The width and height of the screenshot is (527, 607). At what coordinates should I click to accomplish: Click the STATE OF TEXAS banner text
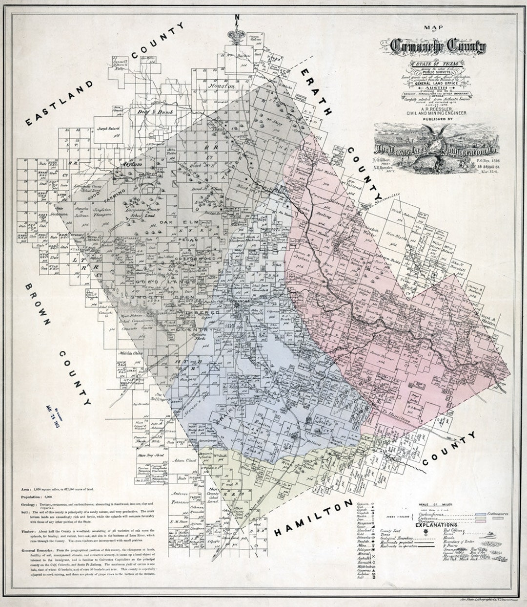431,64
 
